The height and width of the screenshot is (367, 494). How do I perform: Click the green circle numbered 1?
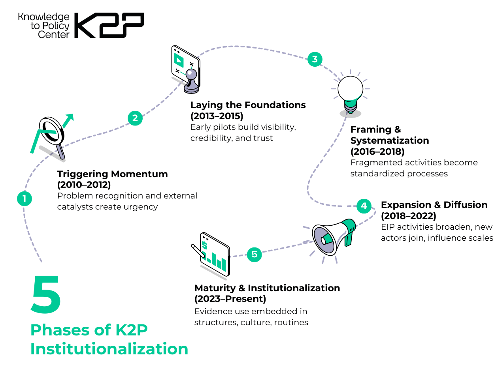tap(25, 198)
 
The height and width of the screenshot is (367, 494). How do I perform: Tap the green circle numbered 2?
tap(135, 118)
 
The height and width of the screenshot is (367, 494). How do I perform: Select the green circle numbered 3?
tap(315, 59)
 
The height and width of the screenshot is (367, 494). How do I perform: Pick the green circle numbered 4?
tap(364, 206)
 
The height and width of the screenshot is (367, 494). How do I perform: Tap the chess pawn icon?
tap(191, 81)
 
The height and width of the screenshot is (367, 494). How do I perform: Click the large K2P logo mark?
tap(109, 26)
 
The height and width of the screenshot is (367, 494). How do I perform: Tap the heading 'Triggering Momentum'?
tap(112, 174)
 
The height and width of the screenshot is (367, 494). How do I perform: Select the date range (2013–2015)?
tap(217, 116)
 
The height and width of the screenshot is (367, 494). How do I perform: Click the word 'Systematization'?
tap(389, 140)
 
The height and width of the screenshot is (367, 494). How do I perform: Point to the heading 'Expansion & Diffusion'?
tap(434, 205)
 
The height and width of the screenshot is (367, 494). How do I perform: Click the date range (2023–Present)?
tap(230, 299)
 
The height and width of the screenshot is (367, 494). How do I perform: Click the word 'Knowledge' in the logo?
tap(43, 17)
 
